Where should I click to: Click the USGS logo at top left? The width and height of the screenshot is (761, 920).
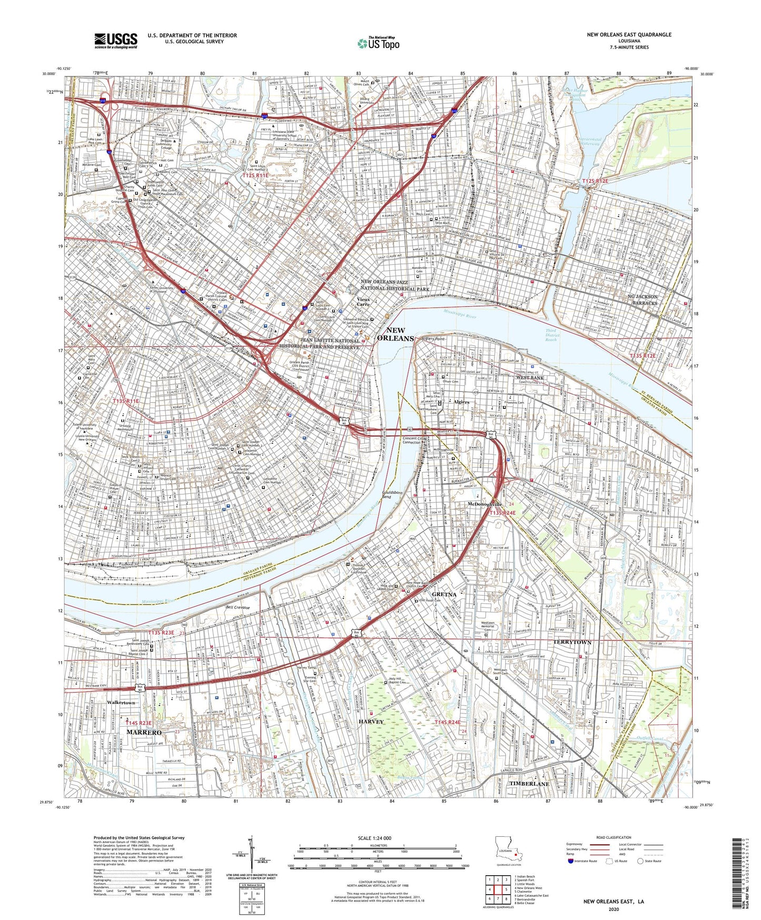tap(116, 40)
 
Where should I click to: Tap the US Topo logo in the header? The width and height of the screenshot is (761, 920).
tap(378, 43)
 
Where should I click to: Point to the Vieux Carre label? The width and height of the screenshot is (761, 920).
tap(360, 302)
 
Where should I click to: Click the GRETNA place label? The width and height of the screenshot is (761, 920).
tap(443, 594)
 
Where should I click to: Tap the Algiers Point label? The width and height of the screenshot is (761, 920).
tap(434, 339)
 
